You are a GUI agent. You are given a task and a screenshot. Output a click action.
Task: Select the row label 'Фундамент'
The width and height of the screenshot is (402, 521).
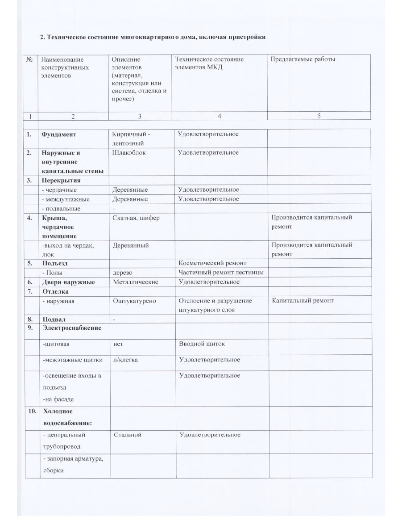pyautogui.click(x=58, y=134)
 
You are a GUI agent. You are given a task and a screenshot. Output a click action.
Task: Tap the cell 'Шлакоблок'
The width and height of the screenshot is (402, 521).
pyautogui.click(x=129, y=153)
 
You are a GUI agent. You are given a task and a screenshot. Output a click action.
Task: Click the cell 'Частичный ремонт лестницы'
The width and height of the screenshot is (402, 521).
pyautogui.click(x=221, y=273)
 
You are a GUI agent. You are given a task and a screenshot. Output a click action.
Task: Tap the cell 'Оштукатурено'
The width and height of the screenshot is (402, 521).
pyautogui.click(x=135, y=301)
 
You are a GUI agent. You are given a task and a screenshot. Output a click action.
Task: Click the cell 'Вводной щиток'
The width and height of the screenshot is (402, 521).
pyautogui.click(x=202, y=344)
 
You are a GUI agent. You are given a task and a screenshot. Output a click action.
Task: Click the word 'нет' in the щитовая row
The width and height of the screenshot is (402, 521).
pyautogui.click(x=118, y=344)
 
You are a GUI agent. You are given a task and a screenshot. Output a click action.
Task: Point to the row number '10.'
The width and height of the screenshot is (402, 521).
pyautogui.click(x=32, y=412)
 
